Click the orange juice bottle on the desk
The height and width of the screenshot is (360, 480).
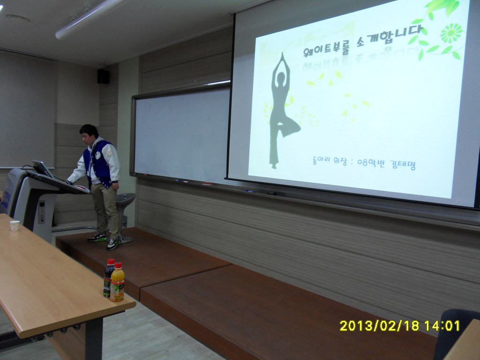coord(117,283)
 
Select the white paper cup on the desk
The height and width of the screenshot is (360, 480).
coord(15,225)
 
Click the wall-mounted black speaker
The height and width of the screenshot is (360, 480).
coord(103,76)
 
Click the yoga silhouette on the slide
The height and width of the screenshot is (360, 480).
coord(281,111)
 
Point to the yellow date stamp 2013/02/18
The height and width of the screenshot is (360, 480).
coord(379,326)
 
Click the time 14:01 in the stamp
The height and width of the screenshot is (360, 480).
coord(442,326)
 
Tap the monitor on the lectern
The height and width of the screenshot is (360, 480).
coord(42,169)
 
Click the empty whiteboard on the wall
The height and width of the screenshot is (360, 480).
coord(180,134)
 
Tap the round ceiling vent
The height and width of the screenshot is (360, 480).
coord(18,18)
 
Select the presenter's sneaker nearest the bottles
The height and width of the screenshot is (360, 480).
coord(112,244)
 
